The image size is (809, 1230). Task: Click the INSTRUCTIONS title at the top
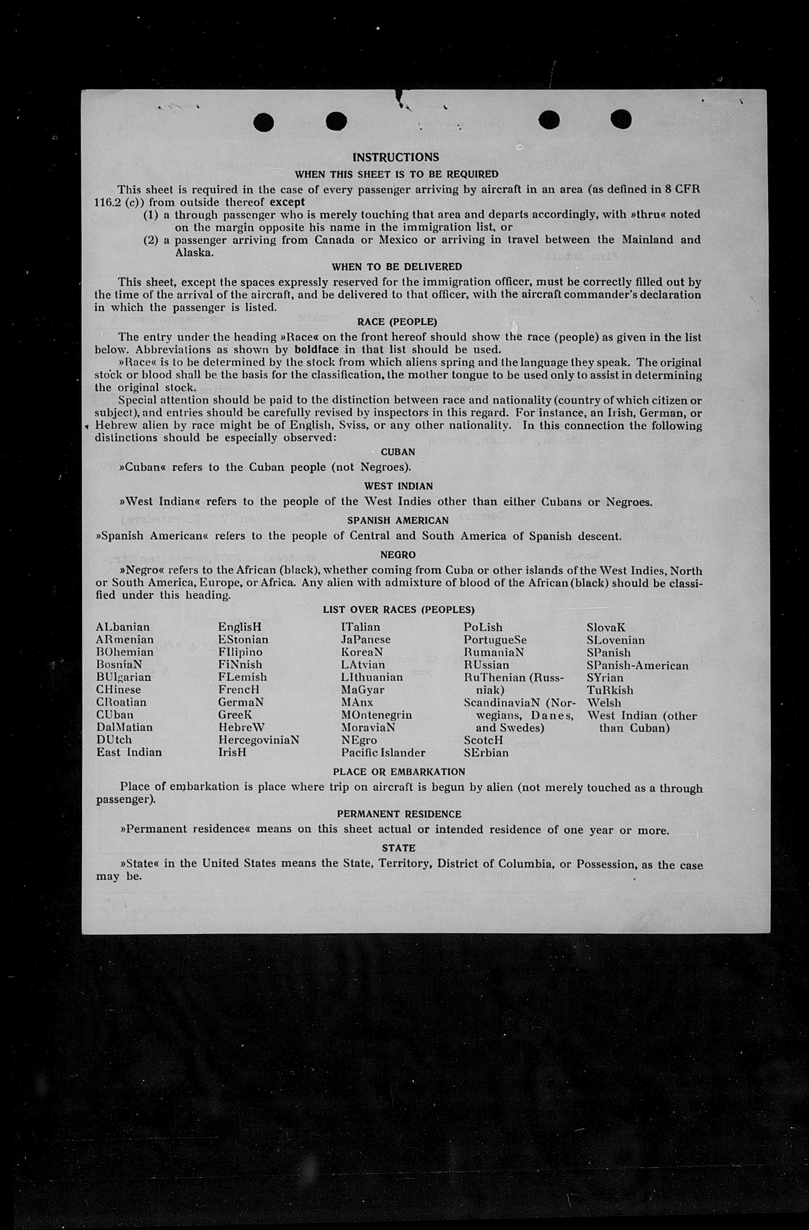click(x=396, y=157)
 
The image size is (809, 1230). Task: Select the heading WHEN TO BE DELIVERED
click(x=396, y=267)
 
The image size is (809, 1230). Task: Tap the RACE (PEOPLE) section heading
click(x=397, y=322)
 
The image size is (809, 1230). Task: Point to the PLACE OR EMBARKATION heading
click(x=399, y=772)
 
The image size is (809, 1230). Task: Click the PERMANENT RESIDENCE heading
click(x=398, y=814)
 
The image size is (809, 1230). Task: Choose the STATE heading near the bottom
click(x=398, y=848)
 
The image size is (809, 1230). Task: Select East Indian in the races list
click(x=129, y=752)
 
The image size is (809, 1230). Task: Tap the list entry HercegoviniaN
click(x=258, y=740)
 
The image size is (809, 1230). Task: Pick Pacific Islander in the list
click(x=383, y=752)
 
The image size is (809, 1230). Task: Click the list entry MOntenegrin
click(x=376, y=715)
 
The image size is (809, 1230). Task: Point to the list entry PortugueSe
click(x=495, y=640)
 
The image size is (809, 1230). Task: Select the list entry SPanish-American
click(x=637, y=665)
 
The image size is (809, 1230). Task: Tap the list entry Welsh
click(x=604, y=703)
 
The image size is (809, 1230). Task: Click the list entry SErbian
click(x=486, y=752)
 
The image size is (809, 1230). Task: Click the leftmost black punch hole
click(x=264, y=122)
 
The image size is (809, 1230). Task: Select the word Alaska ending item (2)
click(x=194, y=253)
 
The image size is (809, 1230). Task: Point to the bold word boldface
click(x=316, y=349)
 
